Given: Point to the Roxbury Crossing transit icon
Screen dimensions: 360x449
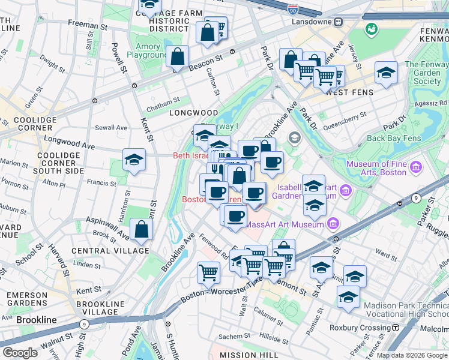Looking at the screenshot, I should [396, 328].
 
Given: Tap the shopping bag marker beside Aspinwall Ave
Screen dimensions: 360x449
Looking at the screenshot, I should [141, 229].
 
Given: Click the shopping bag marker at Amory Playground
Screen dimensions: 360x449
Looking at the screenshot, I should [178, 58].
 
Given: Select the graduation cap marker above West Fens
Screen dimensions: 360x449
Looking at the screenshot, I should [385, 74].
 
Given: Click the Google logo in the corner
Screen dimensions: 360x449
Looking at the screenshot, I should [20, 352].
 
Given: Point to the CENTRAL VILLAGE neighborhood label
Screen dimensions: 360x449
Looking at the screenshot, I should [110, 250].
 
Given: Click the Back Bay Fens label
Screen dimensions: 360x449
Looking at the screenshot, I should [392, 138].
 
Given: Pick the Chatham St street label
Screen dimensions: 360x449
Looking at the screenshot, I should [163, 100].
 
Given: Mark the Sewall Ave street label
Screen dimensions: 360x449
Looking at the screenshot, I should [111, 127].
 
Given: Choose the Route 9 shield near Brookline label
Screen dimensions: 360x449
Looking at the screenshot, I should [84, 324].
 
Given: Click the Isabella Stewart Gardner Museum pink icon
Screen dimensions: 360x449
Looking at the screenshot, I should [345, 191].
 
